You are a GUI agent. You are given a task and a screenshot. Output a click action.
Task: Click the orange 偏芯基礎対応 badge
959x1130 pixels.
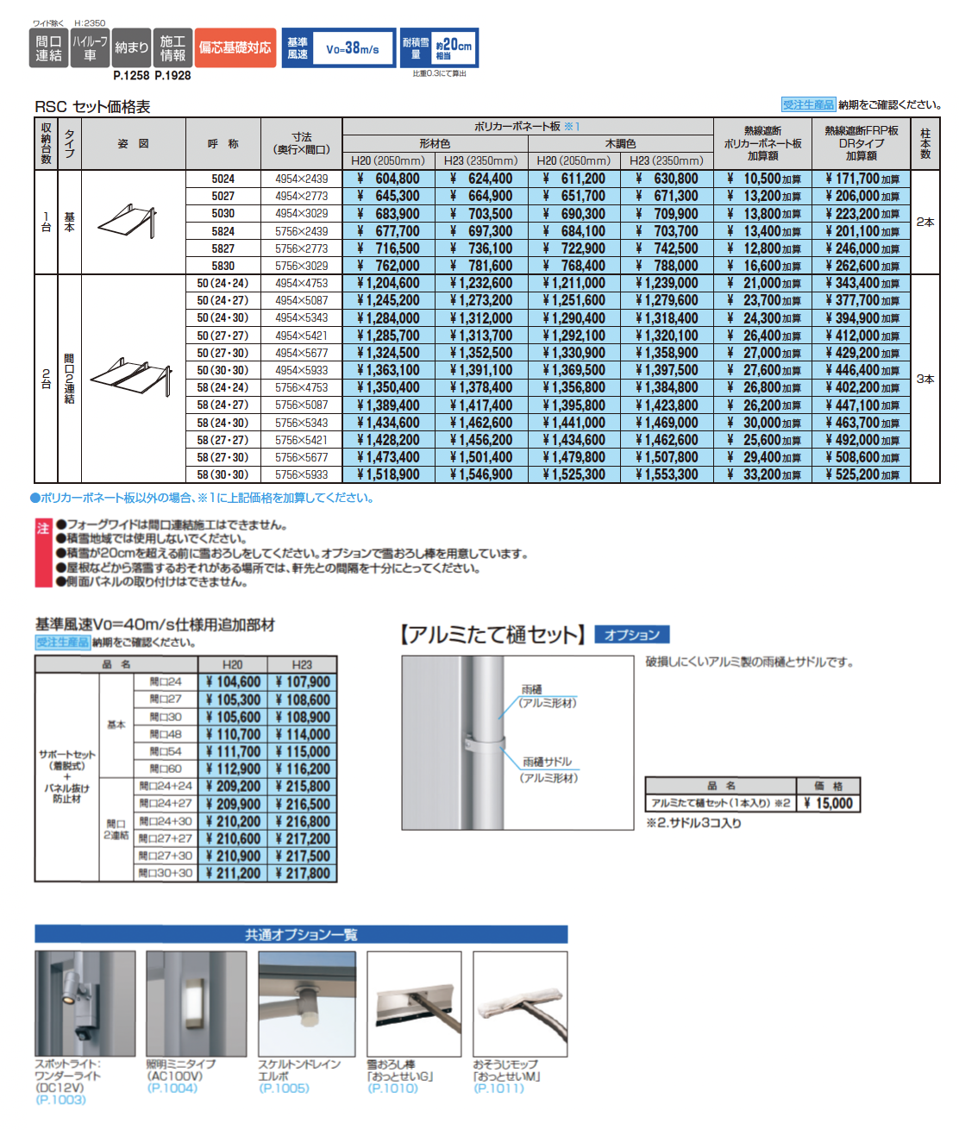(x=235, y=48)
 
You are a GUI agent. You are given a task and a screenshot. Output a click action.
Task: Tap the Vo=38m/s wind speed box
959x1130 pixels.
(x=352, y=49)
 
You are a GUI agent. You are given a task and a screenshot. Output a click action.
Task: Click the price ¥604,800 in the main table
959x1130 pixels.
(x=389, y=179)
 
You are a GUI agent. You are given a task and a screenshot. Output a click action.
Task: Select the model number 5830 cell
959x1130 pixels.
(x=223, y=266)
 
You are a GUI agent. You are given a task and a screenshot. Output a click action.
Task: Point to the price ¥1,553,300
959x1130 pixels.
(x=667, y=474)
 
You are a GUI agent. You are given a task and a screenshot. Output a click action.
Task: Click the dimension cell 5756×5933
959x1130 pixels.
(x=301, y=474)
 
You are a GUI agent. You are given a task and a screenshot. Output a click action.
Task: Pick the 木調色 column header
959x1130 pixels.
(x=620, y=144)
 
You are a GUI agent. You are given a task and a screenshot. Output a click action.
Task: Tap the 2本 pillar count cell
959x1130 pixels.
(x=925, y=222)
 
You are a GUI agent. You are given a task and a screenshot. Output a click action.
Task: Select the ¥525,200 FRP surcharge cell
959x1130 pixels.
(x=861, y=474)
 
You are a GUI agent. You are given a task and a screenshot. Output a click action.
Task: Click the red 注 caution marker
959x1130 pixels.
(x=43, y=528)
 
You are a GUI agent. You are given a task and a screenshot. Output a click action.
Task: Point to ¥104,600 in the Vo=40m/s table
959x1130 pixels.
(x=233, y=682)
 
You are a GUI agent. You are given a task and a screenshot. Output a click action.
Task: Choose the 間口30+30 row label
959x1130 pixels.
(x=166, y=873)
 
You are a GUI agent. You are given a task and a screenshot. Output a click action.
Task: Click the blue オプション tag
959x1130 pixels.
(x=631, y=635)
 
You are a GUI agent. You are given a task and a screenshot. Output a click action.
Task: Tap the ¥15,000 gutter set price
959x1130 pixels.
(x=828, y=803)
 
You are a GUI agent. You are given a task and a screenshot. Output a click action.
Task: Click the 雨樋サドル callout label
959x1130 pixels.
(x=547, y=762)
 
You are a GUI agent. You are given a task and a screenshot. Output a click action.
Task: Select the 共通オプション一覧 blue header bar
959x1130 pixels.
(x=301, y=934)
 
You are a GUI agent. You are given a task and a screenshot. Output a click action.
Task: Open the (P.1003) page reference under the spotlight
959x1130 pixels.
(x=60, y=1100)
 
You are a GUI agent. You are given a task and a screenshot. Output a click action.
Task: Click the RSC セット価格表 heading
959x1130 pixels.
(x=92, y=106)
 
